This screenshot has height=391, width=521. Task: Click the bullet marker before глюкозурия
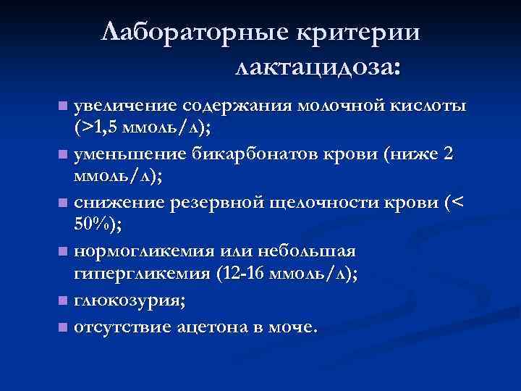click(63, 299)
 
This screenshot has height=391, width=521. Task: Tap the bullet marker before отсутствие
click(63, 327)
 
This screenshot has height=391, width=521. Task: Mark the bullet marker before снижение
click(63, 203)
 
